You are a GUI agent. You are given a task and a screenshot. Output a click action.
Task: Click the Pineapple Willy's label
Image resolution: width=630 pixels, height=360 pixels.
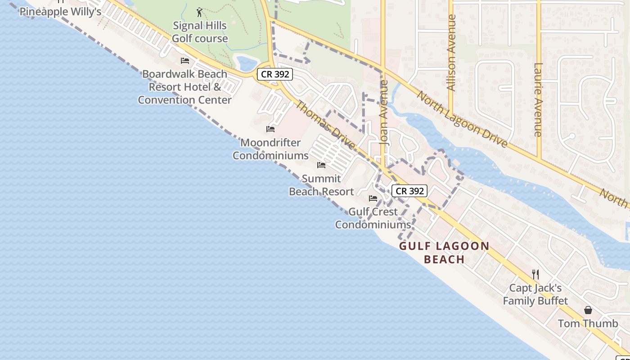[x=60, y=12]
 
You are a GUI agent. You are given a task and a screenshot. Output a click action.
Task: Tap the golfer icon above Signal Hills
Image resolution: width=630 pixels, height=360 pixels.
[x=200, y=12]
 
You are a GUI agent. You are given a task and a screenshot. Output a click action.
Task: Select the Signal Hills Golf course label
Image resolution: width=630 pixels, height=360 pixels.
[x=200, y=32]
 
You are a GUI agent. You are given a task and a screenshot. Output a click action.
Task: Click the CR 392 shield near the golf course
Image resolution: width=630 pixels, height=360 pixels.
[x=275, y=74]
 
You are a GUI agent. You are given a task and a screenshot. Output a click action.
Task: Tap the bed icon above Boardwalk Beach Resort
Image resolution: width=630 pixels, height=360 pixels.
[x=184, y=61]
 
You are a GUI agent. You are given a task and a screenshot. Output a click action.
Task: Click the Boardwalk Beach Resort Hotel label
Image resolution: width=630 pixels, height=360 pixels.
[x=184, y=87]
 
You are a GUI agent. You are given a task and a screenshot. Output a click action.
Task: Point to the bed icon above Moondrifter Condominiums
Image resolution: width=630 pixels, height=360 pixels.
[x=270, y=129]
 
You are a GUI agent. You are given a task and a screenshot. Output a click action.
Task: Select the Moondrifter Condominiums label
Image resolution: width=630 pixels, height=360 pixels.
[x=270, y=149]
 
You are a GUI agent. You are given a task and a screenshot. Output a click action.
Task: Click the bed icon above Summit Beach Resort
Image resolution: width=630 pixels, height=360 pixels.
[x=321, y=165]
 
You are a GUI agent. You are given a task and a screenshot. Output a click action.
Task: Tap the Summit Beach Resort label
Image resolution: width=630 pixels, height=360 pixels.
[x=321, y=185]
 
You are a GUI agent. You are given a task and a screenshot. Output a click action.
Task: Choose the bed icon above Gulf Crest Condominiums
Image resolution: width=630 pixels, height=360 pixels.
[x=373, y=198]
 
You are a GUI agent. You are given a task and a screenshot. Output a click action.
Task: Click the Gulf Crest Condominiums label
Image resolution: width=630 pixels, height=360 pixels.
[x=373, y=218]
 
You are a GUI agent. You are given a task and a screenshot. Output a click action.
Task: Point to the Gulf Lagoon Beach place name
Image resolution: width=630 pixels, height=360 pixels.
[x=444, y=252]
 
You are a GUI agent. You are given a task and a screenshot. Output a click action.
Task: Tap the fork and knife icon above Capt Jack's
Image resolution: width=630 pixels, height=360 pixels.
[x=535, y=274]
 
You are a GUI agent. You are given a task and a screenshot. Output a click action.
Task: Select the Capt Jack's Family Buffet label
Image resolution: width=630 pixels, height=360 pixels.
[x=535, y=294]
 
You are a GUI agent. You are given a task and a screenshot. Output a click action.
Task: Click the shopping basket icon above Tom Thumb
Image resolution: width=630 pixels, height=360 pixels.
[x=588, y=310]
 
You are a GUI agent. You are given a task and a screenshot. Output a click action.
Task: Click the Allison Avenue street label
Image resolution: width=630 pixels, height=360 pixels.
[x=452, y=53]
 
